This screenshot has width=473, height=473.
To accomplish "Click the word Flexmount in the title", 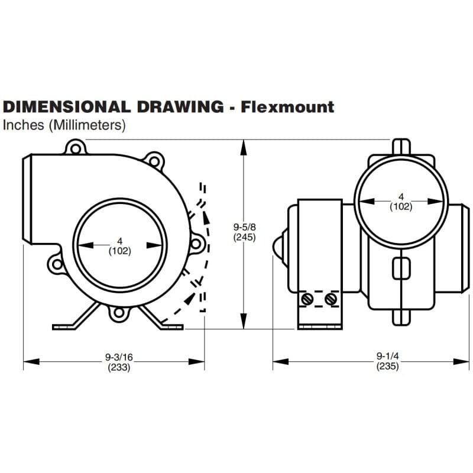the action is point(287,107).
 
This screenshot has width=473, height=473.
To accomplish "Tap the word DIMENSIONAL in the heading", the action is point(67,107).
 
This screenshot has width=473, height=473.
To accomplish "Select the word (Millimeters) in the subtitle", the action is point(87,125).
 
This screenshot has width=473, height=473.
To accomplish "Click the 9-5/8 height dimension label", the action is point(244,226).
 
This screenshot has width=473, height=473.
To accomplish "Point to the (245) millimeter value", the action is point(244,237).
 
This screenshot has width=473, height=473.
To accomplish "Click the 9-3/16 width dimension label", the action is point(119,357).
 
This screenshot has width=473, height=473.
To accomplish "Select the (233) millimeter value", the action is point(119,367).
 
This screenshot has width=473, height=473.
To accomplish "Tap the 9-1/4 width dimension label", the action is point(388,356).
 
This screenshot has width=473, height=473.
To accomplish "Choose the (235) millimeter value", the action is point(388,366).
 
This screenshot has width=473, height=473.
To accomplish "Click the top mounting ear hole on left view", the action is point(76,149).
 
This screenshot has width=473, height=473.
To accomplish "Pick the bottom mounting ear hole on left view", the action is point(119,313).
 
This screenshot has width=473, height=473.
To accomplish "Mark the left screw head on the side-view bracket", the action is point(307,299).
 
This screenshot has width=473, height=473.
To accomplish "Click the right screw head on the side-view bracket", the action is point(331,299).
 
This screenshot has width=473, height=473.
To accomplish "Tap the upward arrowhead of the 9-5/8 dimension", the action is point(244,147).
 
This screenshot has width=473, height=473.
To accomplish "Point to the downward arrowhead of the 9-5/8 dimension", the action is point(244,321).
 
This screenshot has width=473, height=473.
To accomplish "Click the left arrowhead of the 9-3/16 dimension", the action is point(31,361).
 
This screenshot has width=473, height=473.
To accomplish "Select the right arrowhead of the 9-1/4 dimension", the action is point(461,361).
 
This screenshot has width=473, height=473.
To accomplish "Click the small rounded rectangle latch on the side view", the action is point(401,268).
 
